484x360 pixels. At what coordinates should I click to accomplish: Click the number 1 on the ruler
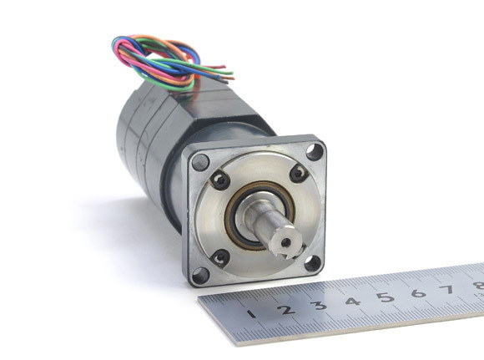pos(252,314)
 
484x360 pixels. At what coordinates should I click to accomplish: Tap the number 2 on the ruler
pos(286,309)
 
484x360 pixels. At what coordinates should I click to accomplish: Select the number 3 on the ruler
pos(319,305)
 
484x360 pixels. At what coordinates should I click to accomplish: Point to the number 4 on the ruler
pos(353,301)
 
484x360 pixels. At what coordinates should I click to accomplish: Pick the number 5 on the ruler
pos(386,297)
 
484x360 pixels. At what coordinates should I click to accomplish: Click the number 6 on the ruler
pos(419,292)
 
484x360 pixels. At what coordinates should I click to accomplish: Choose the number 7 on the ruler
pos(448,289)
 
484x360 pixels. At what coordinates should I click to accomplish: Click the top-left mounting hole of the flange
pos(200,162)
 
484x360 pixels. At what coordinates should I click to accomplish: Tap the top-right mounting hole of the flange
pos(315,152)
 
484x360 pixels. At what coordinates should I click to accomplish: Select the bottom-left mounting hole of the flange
pos(200,276)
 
